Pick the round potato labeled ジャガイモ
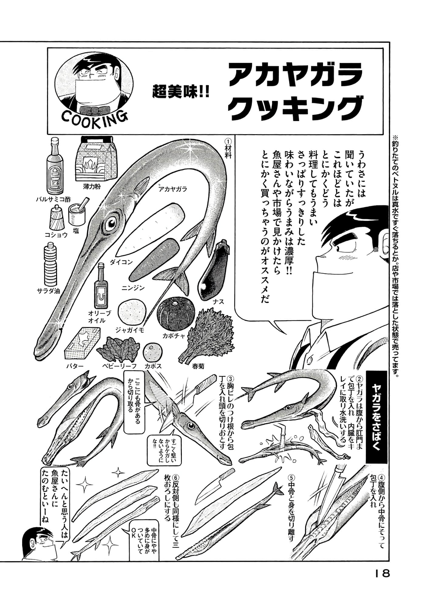click(x=132, y=313)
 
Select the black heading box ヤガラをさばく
click(x=377, y=417)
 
